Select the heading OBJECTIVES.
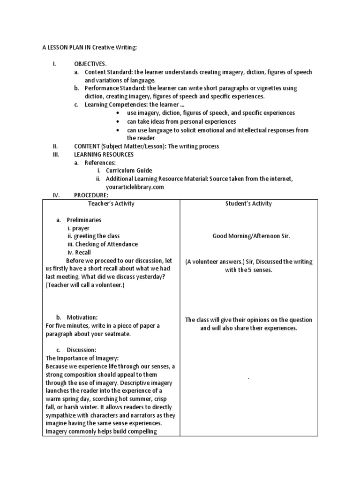pos(90,63)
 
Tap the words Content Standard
pos(108,72)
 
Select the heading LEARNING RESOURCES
pos(104,154)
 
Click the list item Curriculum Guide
pos(129,171)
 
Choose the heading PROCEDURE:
pos(91,195)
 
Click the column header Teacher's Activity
pos(111,203)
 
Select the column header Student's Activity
pos(248,203)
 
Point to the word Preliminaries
pos(84,220)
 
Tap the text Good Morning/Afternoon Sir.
pos(251,236)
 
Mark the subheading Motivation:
pos(82,317)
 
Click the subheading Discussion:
pos(82,350)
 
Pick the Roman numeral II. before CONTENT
pos(55,146)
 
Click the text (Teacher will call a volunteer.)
pos(84,285)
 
